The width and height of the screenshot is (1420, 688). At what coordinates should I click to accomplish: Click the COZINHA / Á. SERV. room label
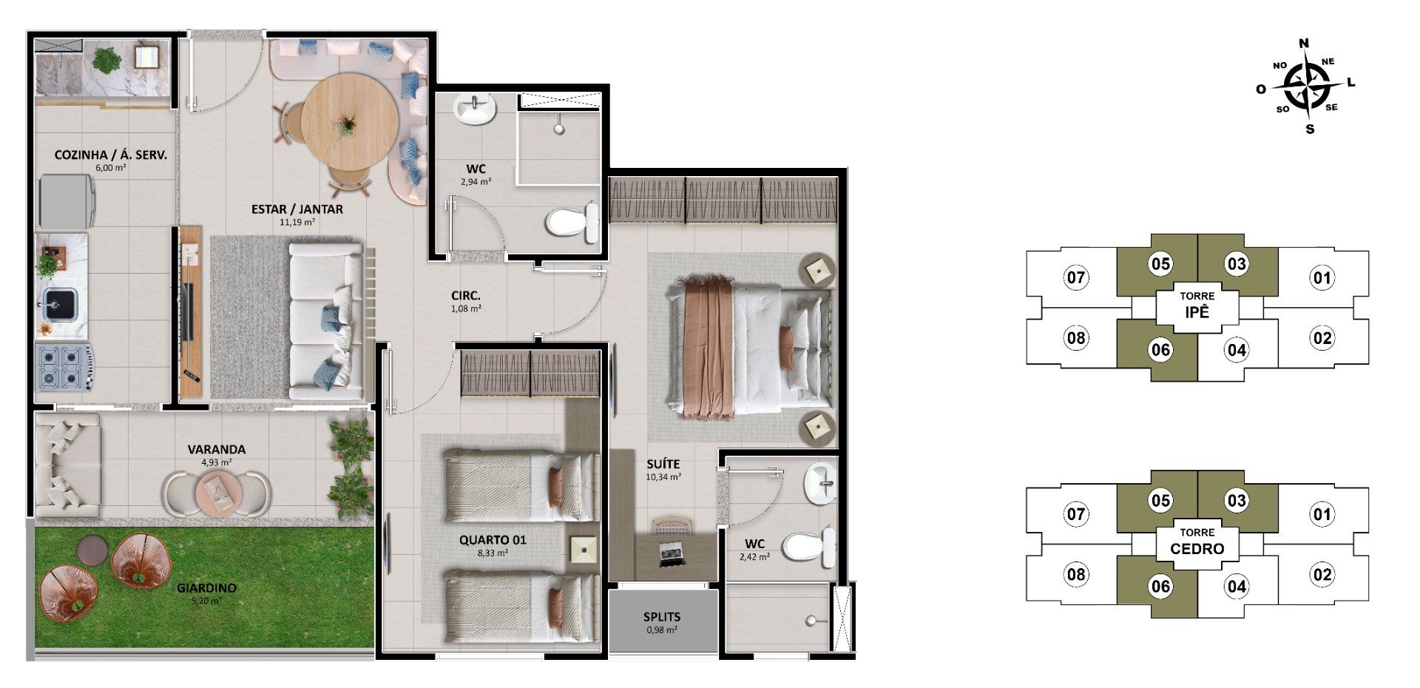coord(111,155)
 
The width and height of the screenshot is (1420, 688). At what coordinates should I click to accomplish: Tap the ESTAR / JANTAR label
coord(297,209)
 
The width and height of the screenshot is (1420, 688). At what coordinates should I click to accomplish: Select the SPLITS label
coord(662,617)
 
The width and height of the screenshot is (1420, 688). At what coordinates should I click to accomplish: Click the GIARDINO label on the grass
coord(206,588)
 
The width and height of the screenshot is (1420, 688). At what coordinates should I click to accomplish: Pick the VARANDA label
coord(217,449)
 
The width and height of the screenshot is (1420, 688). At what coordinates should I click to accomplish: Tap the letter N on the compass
coord(1304,43)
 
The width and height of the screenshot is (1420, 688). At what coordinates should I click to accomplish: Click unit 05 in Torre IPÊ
coord(1160,264)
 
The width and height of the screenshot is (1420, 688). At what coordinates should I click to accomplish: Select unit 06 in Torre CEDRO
coord(1160,587)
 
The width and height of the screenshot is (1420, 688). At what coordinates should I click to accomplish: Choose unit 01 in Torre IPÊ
coord(1322,278)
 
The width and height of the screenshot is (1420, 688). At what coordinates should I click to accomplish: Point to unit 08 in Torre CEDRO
coord(1076,575)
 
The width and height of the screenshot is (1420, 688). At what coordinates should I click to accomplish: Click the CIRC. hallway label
coord(467,296)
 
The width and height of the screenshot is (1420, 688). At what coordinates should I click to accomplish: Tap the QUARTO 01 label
coord(493,540)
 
